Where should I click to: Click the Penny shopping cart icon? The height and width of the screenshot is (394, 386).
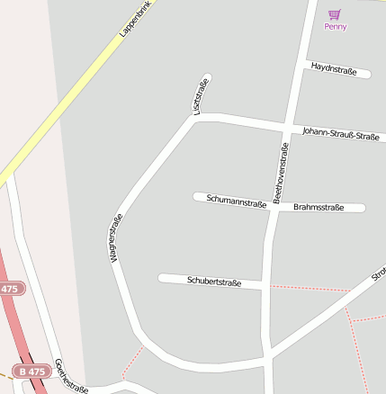pyautogui.click(x=335, y=14)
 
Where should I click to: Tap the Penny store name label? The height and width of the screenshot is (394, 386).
pyautogui.click(x=336, y=27)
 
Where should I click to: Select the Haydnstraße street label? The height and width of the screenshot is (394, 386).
pyautogui.click(x=335, y=67)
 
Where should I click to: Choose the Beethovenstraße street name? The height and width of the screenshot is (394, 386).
pyautogui.click(x=281, y=172)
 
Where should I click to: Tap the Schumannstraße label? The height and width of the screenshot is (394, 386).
pyautogui.click(x=236, y=201)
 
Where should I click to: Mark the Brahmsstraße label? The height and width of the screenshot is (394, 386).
pyautogui.click(x=319, y=208)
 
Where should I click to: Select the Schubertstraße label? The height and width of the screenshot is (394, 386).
pyautogui.click(x=214, y=282)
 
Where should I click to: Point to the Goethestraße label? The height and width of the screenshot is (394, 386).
pyautogui.click(x=71, y=376)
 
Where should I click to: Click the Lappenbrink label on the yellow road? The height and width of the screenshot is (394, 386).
pyautogui.click(x=133, y=20)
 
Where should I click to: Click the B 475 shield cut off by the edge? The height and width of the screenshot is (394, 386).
pyautogui.click(x=9, y=290)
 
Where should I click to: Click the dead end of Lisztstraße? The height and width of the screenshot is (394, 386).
pyautogui.click(x=207, y=77)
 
